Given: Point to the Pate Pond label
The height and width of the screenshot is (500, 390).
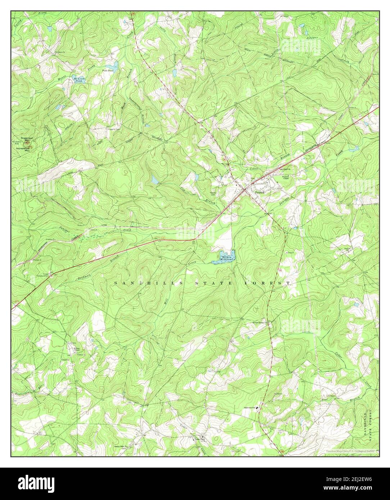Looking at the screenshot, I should click(108, 71).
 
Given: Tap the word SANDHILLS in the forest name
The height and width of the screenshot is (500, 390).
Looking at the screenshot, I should click(138, 283).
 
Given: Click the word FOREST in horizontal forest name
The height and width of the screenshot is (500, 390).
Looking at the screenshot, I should click(267, 283).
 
